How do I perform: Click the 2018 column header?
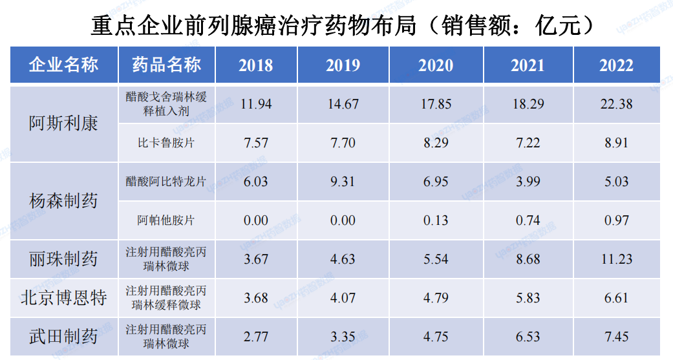click(x=255, y=65)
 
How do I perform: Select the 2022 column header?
click(x=616, y=65)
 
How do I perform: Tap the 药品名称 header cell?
click(x=166, y=65)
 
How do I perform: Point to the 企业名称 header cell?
click(x=63, y=65)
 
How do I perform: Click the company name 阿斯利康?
click(x=63, y=123)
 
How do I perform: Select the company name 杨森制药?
click(x=63, y=201)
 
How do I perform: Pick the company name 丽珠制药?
click(x=63, y=259)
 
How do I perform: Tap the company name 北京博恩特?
click(x=63, y=298)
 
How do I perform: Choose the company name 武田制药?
click(x=63, y=337)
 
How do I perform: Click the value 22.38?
click(x=616, y=103)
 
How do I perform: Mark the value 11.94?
click(x=255, y=103)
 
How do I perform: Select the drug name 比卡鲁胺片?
click(x=166, y=143)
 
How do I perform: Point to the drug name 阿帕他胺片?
click(x=166, y=220)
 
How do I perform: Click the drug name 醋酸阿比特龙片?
click(x=166, y=182)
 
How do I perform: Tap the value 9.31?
click(x=343, y=182)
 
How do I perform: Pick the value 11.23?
click(x=616, y=259)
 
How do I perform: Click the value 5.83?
click(x=527, y=298)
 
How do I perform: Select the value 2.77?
click(x=255, y=337)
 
